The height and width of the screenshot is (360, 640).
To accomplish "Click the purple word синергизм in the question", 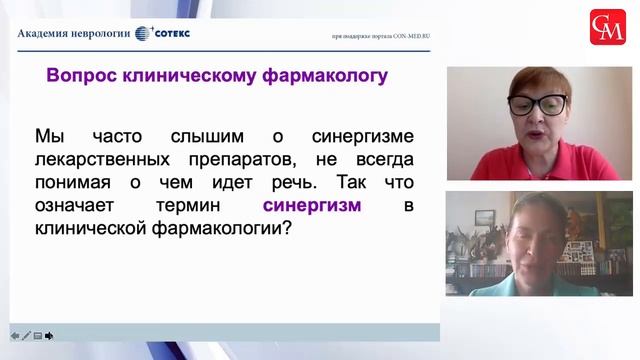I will [312, 206].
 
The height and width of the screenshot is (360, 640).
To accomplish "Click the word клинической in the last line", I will [102, 229].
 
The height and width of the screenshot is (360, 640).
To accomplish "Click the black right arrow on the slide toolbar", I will [49, 335].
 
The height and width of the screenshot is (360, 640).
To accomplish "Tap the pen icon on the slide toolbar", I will [26, 335].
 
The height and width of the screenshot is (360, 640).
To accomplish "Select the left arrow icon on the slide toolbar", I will [14, 335].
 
